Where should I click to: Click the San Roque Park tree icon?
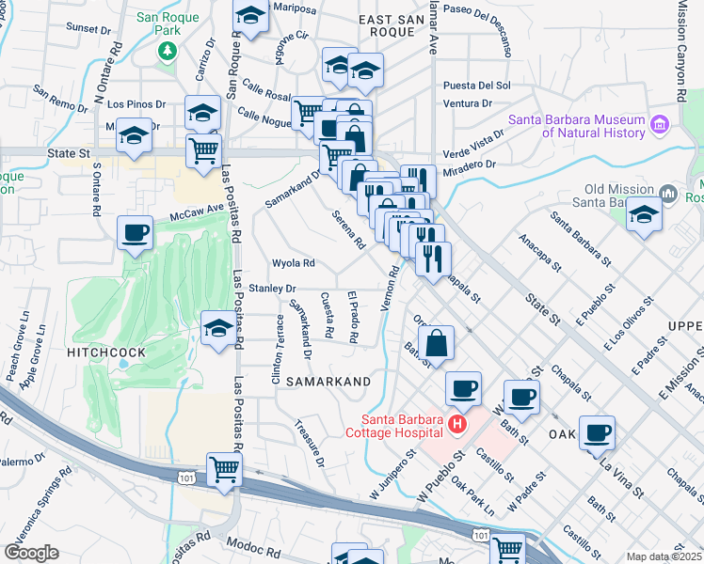click(168, 49)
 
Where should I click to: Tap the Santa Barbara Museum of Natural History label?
click(576, 126)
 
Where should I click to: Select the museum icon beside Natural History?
click(659, 124)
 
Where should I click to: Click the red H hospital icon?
click(456, 425)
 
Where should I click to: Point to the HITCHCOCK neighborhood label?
click(105, 352)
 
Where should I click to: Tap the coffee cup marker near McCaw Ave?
click(135, 232)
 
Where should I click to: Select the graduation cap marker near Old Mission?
click(644, 214)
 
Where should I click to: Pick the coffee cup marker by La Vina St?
click(597, 432)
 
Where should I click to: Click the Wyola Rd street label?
click(293, 263)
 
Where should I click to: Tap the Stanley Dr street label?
click(272, 289)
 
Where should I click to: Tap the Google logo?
click(31, 552)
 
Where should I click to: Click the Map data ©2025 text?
click(664, 556)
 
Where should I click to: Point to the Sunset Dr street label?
click(88, 29)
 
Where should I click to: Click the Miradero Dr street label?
click(472, 165)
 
